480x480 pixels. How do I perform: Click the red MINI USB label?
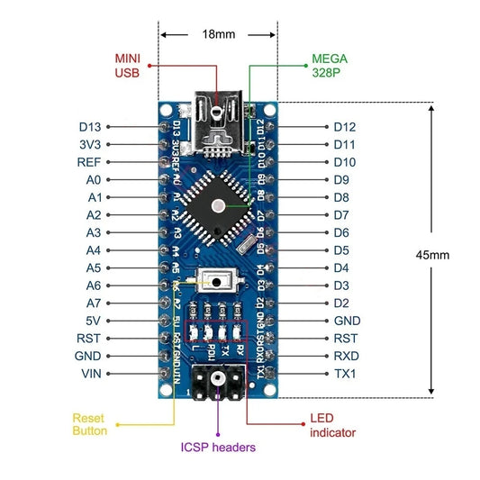pos(127,66)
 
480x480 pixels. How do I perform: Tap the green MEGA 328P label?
pos(328,66)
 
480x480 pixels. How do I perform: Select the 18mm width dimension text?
pos(218,34)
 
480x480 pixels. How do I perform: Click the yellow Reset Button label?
pos(90,425)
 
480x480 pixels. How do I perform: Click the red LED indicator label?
pos(332,426)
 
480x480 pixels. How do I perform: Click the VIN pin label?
pos(89,373)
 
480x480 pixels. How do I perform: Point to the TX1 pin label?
pos(345,373)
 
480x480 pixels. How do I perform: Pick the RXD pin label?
pos(346,356)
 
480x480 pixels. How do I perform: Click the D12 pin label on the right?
pos(345,127)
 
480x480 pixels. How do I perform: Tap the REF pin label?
pos(88,162)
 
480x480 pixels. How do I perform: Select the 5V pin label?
pos(92,321)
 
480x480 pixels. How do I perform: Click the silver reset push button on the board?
pos(216,283)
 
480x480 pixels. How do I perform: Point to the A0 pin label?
pos(94,180)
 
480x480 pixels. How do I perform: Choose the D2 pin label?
pos(341,303)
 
